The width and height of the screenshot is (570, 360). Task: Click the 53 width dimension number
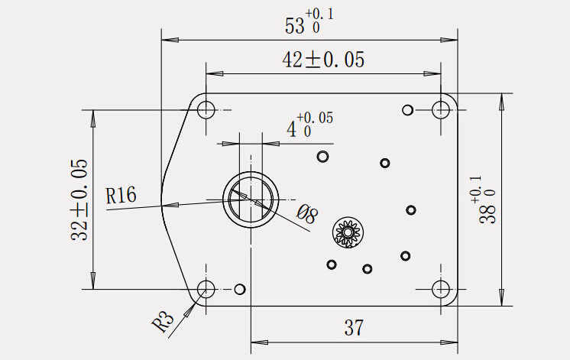[294, 26]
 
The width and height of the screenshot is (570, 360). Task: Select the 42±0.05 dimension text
[323, 60]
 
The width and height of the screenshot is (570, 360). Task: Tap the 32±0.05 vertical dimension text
[79, 199]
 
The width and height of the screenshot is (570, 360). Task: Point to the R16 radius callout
[121, 195]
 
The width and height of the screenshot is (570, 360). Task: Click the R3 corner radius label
[163, 320]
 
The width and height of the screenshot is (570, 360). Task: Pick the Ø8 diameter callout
[307, 214]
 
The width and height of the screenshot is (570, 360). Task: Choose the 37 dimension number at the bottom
[354, 328]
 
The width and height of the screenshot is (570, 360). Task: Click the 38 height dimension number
[487, 213]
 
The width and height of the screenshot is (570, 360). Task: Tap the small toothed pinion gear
[348, 232]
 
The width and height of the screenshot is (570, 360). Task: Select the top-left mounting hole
[206, 109]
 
